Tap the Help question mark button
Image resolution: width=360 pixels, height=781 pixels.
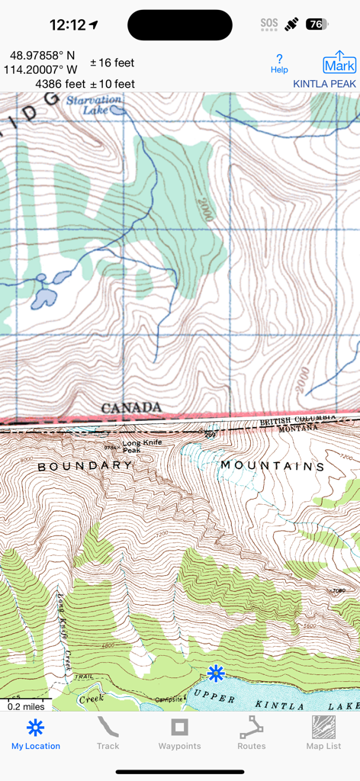279,63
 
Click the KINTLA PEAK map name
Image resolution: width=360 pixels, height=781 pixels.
324,84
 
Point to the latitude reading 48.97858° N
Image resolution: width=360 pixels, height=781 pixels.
43,56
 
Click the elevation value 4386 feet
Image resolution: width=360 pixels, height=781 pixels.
60,84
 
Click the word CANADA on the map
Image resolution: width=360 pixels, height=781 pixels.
131,407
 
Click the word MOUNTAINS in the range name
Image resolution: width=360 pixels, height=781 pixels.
272,465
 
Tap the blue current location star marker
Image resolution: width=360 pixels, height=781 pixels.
216,673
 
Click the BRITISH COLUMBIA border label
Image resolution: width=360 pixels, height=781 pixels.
297,420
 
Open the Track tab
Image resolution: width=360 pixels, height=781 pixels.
108,733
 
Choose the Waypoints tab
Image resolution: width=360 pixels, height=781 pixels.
179,733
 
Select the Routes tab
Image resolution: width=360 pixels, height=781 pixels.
251,733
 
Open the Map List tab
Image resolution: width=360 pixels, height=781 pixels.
323,733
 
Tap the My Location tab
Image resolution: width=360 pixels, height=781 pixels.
36,733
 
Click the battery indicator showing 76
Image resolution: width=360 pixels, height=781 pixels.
317,24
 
